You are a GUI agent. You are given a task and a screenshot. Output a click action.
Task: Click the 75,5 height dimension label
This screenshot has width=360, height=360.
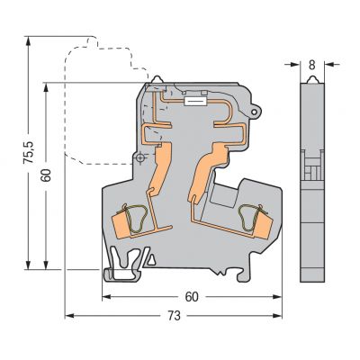29,153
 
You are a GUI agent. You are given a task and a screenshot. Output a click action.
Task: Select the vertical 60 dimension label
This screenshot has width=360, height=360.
46,175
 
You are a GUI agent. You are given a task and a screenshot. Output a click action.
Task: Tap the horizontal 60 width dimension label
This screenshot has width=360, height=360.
192,297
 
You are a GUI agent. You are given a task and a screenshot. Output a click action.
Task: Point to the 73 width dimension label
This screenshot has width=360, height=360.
175,316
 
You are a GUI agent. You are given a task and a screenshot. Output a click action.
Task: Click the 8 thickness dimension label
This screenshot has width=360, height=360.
312,65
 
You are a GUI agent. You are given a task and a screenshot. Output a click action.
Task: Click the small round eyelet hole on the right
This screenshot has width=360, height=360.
255,112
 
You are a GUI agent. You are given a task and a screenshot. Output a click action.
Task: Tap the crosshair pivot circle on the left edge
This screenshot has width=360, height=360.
140,158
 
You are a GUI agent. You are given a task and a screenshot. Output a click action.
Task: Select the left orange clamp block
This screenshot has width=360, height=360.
121,224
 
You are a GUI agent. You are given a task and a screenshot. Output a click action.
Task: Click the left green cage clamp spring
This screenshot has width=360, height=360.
136,219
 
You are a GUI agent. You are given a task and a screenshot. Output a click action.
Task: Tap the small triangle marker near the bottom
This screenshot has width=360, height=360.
151,259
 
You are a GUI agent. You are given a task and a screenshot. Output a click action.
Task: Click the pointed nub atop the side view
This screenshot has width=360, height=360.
312,79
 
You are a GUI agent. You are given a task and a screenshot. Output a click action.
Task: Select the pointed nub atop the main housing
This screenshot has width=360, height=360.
157,79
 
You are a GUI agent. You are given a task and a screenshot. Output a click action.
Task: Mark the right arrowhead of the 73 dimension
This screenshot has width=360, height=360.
277,316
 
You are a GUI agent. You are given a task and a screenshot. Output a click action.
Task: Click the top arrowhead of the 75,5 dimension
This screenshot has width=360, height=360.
28,41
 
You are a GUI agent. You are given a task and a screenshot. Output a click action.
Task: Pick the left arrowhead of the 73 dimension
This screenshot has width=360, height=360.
69,316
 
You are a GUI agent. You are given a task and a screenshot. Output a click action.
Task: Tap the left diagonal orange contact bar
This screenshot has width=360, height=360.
161,169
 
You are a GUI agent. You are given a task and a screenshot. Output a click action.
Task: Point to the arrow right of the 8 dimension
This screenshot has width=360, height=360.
332,64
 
